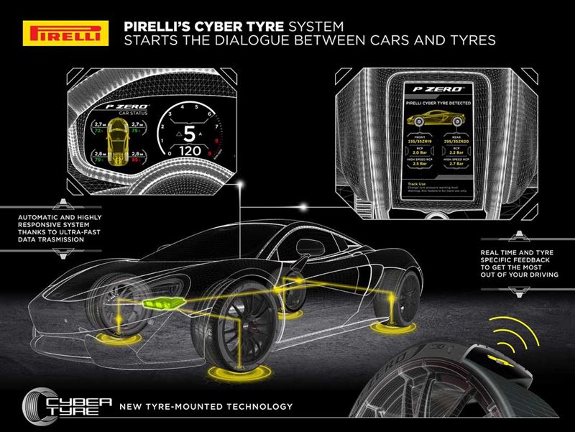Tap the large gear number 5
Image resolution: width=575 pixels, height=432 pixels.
[x=188, y=134]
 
